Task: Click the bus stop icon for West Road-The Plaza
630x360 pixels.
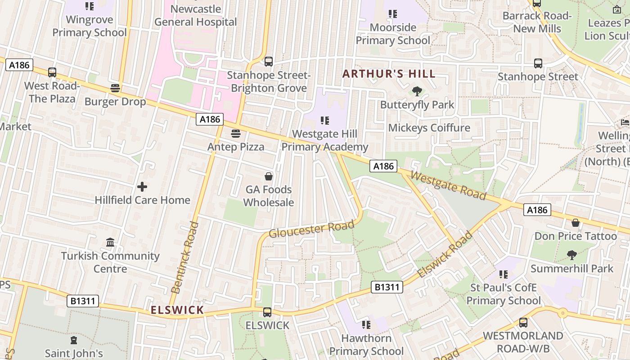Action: click(x=52, y=72)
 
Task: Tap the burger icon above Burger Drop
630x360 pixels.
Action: click(x=115, y=88)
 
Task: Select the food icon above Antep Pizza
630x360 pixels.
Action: click(x=235, y=134)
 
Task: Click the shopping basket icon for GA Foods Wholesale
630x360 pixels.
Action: click(x=269, y=176)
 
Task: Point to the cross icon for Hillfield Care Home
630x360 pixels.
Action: click(x=142, y=186)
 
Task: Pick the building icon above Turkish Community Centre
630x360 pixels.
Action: click(x=110, y=243)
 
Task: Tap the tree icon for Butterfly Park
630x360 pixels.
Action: click(x=417, y=91)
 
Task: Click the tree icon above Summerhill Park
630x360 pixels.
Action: click(x=571, y=255)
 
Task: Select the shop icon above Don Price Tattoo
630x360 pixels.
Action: click(x=575, y=223)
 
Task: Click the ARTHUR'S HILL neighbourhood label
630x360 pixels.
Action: click(x=389, y=74)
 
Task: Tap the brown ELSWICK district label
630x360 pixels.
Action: click(x=177, y=310)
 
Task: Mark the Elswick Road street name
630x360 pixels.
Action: click(x=445, y=255)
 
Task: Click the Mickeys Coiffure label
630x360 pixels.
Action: click(x=429, y=128)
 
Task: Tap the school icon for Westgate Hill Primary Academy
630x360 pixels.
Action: click(x=325, y=121)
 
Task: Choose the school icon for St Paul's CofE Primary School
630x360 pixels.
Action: click(x=503, y=274)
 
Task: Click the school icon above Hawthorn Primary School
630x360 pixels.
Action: click(x=366, y=324)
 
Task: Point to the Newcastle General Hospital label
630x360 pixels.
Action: click(x=195, y=15)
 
